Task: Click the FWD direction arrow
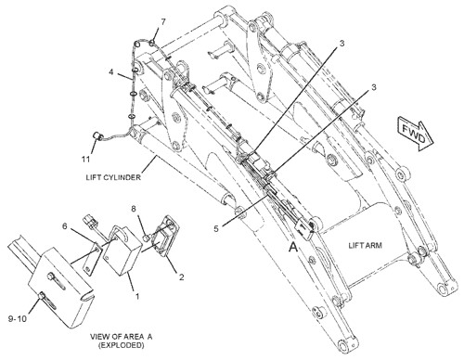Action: [416, 133]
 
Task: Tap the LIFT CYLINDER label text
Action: [113, 177]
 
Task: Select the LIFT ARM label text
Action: [365, 246]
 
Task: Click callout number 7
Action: [163, 22]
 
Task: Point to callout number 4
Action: [111, 72]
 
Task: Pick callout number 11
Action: [85, 160]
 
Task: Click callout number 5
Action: [216, 228]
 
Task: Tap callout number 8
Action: [134, 209]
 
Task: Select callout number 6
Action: [65, 226]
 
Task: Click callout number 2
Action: [182, 276]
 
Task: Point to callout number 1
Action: [137, 296]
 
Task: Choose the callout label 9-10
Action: [18, 318]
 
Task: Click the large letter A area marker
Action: [293, 247]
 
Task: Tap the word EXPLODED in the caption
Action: [122, 345]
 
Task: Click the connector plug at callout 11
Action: [97, 136]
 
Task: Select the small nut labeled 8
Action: [147, 238]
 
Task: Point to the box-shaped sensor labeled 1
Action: [122, 250]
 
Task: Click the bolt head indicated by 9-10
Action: [42, 296]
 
